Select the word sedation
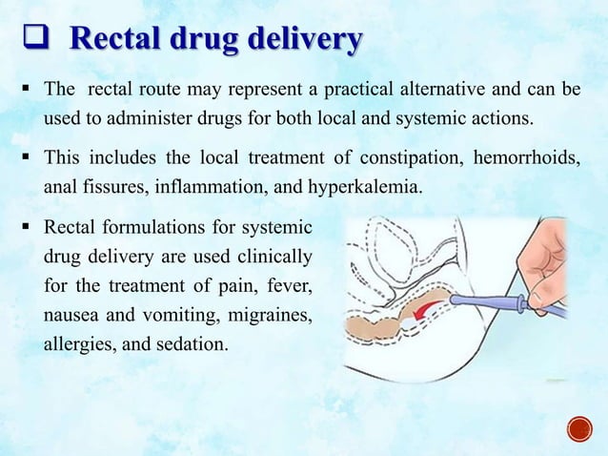195,342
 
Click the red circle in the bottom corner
579,429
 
